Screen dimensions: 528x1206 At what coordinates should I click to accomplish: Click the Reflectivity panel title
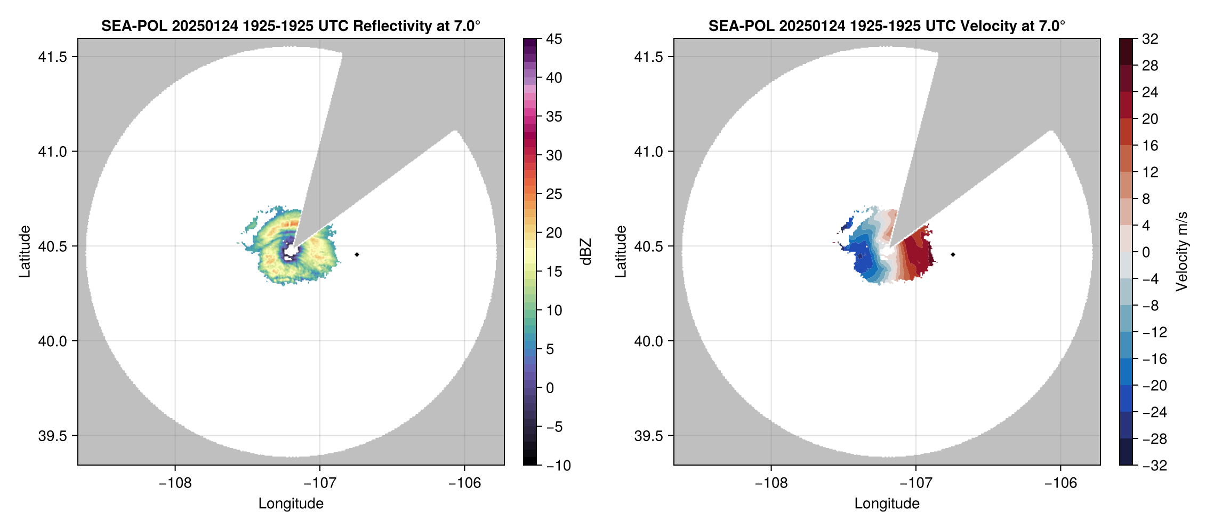(291, 26)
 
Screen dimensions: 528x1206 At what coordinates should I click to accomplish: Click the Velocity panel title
(887, 26)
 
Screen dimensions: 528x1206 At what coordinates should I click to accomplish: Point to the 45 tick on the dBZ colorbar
(554, 39)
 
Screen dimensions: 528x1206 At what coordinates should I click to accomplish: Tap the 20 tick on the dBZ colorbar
(554, 233)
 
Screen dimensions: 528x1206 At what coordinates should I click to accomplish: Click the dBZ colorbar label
(586, 252)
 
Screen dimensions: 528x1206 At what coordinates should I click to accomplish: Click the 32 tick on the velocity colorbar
(1150, 39)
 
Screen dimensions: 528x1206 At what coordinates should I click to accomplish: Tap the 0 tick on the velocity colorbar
(1146, 252)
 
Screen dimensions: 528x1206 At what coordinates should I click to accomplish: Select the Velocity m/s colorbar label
(1182, 252)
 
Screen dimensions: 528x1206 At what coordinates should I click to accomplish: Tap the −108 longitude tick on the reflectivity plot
(175, 483)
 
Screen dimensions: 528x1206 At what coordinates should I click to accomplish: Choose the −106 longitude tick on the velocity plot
(1060, 483)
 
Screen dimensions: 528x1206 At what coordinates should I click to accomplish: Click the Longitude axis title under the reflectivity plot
(291, 503)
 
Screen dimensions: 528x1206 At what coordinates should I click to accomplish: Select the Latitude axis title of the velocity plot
(620, 252)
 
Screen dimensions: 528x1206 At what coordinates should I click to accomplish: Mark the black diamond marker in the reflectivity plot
(357, 254)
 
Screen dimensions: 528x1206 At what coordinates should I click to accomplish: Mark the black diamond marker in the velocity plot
(953, 254)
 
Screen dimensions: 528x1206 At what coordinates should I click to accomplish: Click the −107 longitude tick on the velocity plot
(916, 483)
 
